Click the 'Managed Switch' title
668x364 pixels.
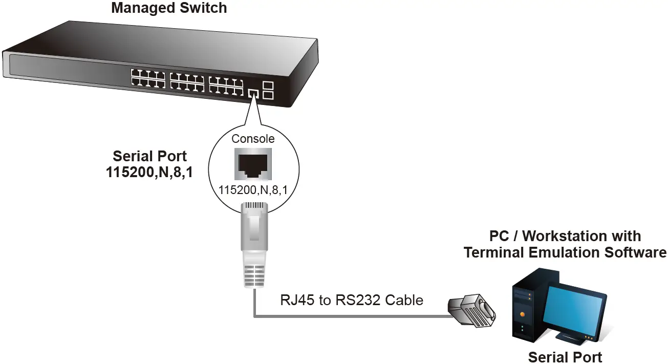point(169,8)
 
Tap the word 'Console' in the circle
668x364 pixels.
point(253,139)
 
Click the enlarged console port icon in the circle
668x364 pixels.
point(253,164)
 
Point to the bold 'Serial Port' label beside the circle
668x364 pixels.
point(150,156)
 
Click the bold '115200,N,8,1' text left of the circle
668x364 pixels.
point(150,173)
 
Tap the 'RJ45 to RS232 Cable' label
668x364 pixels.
point(352,300)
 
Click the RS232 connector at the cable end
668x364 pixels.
point(471,311)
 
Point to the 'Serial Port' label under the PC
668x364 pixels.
point(565,357)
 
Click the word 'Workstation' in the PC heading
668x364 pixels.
point(581,236)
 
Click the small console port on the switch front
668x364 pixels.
point(252,93)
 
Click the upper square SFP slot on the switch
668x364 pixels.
point(268,85)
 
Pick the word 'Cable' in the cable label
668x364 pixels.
point(405,300)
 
